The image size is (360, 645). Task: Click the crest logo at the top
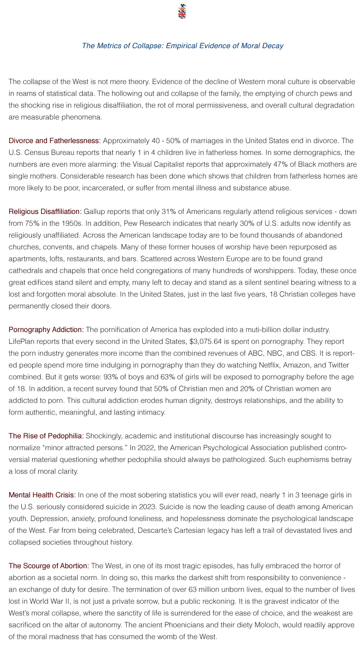[182, 11]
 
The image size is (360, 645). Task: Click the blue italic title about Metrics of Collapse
[182, 46]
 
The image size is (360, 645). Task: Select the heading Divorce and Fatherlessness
[55, 141]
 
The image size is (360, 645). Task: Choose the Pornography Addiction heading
[46, 329]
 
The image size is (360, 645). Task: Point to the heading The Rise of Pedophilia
[46, 436]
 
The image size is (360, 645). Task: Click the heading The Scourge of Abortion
[49, 566]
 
